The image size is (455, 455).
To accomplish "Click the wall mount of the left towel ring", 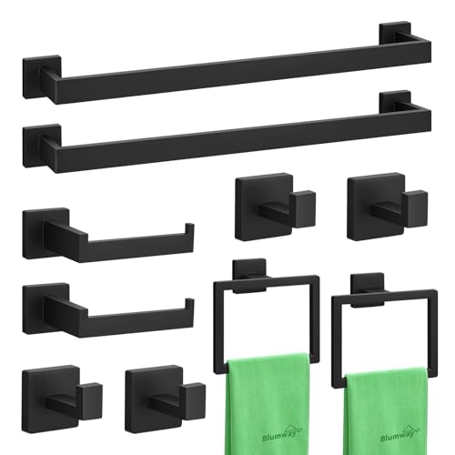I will click(x=246, y=269).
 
